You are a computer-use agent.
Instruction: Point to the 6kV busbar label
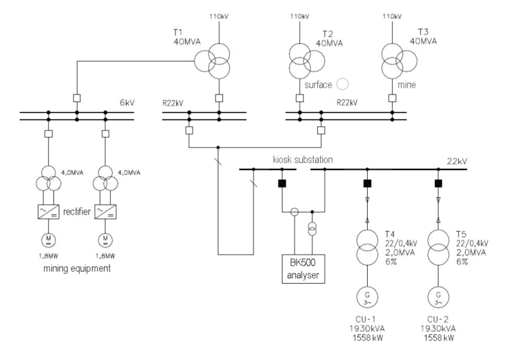click(x=127, y=103)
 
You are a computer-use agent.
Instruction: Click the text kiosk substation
click(x=303, y=159)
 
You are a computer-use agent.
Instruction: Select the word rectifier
click(x=77, y=211)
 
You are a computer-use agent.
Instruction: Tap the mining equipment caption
click(x=77, y=268)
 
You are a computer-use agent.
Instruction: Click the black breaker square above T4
click(x=367, y=184)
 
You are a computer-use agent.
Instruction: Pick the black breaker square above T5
click(x=439, y=184)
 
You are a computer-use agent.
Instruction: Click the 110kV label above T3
click(x=392, y=16)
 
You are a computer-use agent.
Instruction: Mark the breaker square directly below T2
click(x=299, y=98)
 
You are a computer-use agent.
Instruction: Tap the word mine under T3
click(x=407, y=84)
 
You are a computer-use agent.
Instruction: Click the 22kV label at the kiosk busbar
click(x=457, y=161)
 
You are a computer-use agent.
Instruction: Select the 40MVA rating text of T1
click(x=187, y=42)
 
